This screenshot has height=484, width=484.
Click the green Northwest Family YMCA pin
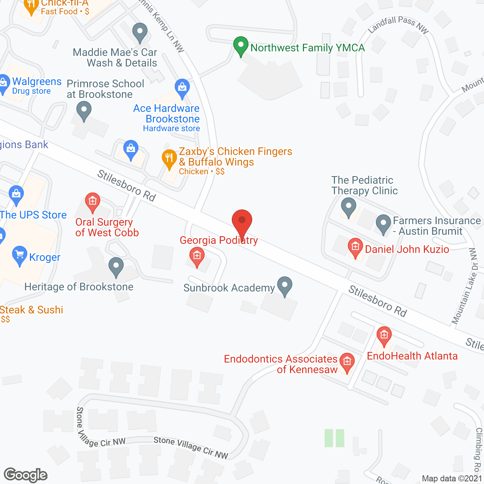(x=241, y=46)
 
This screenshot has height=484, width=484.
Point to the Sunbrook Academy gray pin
(x=285, y=286)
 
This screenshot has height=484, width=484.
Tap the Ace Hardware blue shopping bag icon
(x=182, y=88)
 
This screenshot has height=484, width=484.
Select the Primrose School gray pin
(x=84, y=112)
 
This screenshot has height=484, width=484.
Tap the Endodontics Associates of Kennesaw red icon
(x=347, y=362)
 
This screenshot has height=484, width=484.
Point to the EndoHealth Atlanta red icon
(x=384, y=335)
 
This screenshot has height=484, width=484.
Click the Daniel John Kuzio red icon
(x=355, y=247)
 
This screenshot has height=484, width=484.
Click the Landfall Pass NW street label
(x=398, y=25)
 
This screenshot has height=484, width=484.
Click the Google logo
(x=26, y=475)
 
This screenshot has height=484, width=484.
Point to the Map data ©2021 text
(x=452, y=478)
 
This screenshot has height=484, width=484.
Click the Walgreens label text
(x=37, y=81)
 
